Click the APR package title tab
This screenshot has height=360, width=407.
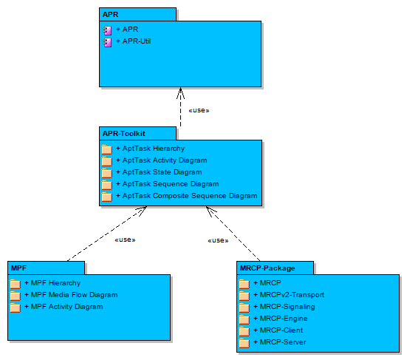point(137,14)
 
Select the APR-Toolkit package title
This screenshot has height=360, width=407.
point(124,134)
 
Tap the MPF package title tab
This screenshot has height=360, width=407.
point(47,268)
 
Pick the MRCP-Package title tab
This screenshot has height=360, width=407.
point(275,268)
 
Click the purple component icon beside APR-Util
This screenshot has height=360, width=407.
point(107,42)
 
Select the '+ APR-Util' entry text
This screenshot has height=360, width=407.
point(133,41)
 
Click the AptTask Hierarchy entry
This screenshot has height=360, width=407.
point(150,149)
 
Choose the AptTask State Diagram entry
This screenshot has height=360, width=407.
point(159,172)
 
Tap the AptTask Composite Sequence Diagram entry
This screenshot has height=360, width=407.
point(187,196)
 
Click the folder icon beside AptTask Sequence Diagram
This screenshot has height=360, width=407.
point(106,184)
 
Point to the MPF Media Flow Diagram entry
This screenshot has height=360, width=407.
point(71,294)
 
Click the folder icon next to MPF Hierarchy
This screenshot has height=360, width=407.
point(15,283)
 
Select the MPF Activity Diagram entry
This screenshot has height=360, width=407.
point(64,307)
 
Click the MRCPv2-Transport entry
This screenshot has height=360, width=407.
point(289,294)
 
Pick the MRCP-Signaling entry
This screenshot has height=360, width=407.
point(284,307)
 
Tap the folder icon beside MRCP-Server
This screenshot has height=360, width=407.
point(244,342)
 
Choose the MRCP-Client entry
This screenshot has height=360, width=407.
point(278,330)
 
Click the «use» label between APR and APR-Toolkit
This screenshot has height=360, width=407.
point(199,110)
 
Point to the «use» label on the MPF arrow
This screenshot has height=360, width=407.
point(125,240)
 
